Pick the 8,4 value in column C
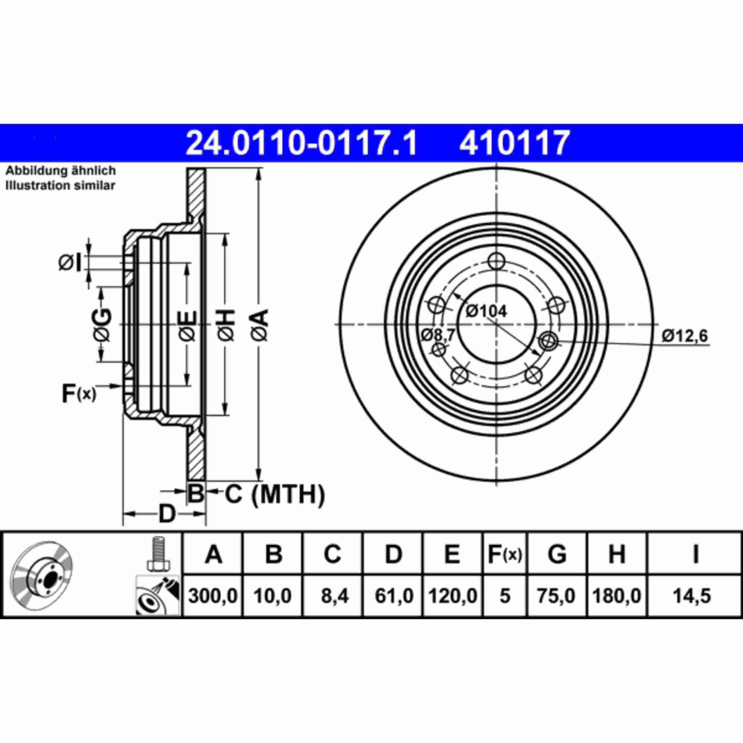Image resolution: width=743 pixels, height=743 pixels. point(332,596)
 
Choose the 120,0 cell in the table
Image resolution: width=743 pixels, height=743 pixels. point(452,596)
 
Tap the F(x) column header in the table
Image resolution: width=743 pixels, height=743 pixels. point(505,555)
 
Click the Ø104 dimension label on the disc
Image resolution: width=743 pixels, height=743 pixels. point(486,311)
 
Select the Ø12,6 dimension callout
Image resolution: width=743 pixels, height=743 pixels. point(684,336)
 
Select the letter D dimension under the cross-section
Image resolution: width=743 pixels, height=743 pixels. point(167,514)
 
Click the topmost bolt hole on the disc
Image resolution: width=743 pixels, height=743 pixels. point(496,262)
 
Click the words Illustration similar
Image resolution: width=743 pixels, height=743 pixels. point(60,185)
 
